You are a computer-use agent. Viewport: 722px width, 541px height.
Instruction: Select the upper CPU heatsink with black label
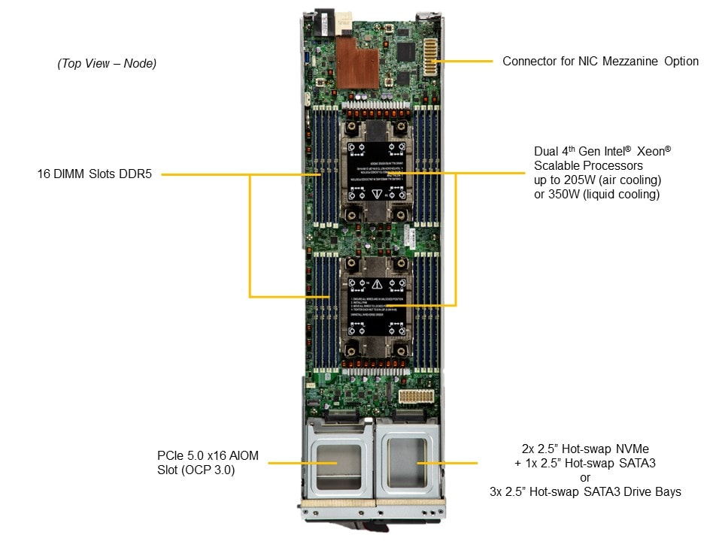tap(375, 171)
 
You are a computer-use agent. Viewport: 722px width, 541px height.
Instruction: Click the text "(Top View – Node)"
tap(107, 64)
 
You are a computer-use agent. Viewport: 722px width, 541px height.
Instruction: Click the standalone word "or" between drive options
tap(585, 478)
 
